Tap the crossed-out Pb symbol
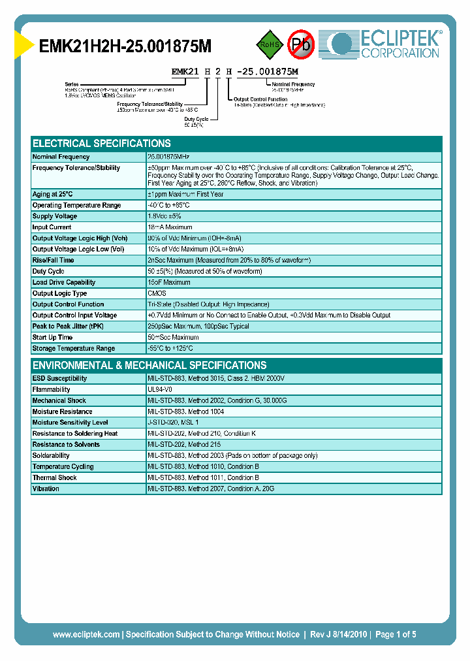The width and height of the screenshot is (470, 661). pyautogui.click(x=301, y=44)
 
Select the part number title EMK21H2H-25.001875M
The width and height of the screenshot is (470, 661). pyautogui.click(x=125, y=47)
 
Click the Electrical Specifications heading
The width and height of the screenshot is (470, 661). pyautogui.click(x=102, y=143)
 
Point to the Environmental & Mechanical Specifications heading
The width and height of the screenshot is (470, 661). pyautogui.click(x=149, y=365)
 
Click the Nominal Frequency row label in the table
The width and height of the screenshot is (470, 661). pyautogui.click(x=61, y=157)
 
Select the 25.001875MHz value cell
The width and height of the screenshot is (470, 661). pyautogui.click(x=169, y=157)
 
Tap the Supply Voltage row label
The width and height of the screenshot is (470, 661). pyautogui.click(x=55, y=216)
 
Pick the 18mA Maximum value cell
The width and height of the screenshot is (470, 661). pyautogui.click(x=169, y=227)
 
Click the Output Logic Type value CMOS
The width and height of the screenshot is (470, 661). pyautogui.click(x=157, y=293)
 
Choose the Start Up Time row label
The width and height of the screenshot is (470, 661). pyautogui.click(x=52, y=337)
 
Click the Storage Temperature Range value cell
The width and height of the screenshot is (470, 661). pyautogui.click(x=170, y=348)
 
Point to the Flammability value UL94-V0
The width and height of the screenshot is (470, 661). pyautogui.click(x=161, y=389)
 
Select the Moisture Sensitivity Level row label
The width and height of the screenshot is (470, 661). pyautogui.click(x=70, y=423)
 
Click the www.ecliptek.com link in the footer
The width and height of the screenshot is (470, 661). pyautogui.click(x=86, y=634)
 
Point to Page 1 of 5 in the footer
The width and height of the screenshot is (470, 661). pyautogui.click(x=396, y=634)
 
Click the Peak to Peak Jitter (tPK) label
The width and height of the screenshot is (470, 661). pyautogui.click(x=68, y=326)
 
